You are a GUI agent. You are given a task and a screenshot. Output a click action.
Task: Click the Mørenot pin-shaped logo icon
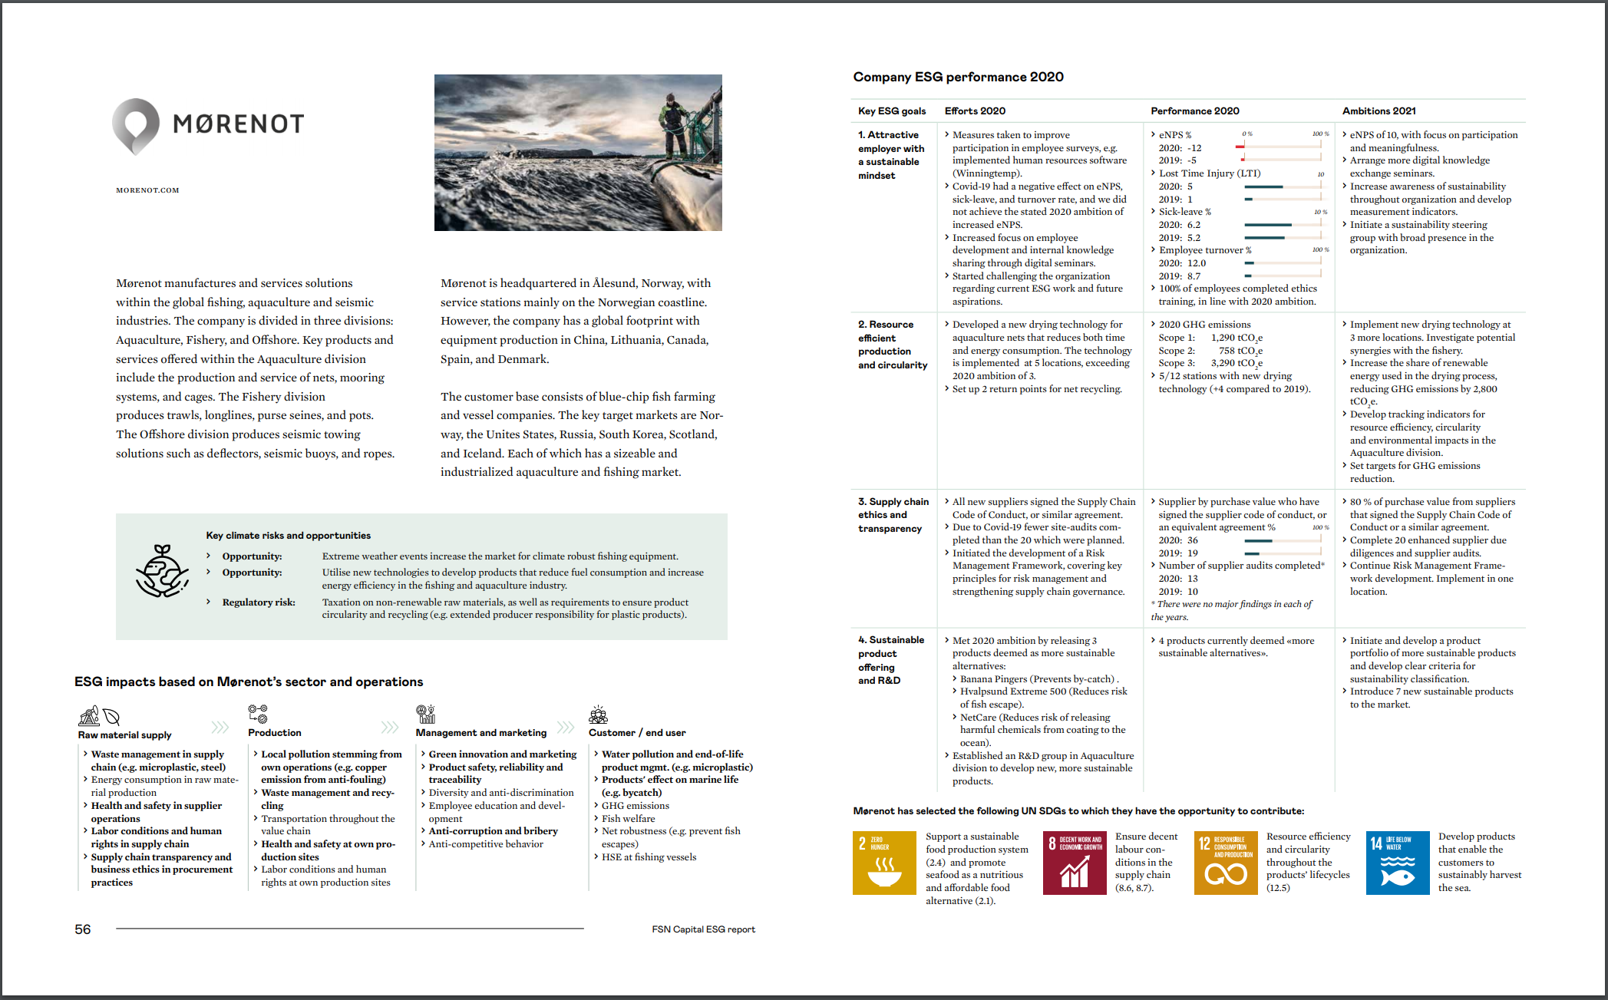tap(136, 126)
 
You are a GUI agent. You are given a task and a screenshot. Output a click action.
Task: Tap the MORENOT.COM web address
tap(147, 190)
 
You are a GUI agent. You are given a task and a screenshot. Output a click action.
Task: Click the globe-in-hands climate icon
tap(162, 572)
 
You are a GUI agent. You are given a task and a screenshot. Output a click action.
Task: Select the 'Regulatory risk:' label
tap(259, 602)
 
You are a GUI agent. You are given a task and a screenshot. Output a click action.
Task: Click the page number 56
tap(83, 929)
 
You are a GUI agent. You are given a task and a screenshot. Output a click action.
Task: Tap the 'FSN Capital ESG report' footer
tap(703, 929)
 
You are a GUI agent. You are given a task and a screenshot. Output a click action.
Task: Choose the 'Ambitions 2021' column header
tap(1379, 111)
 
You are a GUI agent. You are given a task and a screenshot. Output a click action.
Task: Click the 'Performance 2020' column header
tap(1194, 111)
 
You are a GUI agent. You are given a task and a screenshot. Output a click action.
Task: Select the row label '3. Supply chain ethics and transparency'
tap(893, 515)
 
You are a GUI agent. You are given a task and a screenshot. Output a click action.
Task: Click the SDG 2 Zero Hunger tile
tap(884, 863)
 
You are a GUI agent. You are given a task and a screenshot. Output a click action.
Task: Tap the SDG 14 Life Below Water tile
tap(1397, 863)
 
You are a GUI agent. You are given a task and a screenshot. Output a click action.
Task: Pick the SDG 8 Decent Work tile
tap(1075, 863)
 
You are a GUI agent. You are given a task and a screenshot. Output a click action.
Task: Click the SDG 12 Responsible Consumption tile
tap(1226, 863)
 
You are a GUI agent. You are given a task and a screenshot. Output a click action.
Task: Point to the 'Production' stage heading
tap(275, 733)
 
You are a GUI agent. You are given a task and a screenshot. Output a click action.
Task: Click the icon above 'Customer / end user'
tap(598, 715)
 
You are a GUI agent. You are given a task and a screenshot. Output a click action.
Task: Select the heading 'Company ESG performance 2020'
tap(958, 77)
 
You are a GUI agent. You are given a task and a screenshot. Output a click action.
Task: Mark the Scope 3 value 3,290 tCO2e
tap(1237, 363)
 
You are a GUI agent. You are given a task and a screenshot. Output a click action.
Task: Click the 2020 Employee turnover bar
tap(1249, 263)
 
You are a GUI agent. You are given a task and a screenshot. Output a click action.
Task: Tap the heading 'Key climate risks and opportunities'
tap(288, 536)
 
